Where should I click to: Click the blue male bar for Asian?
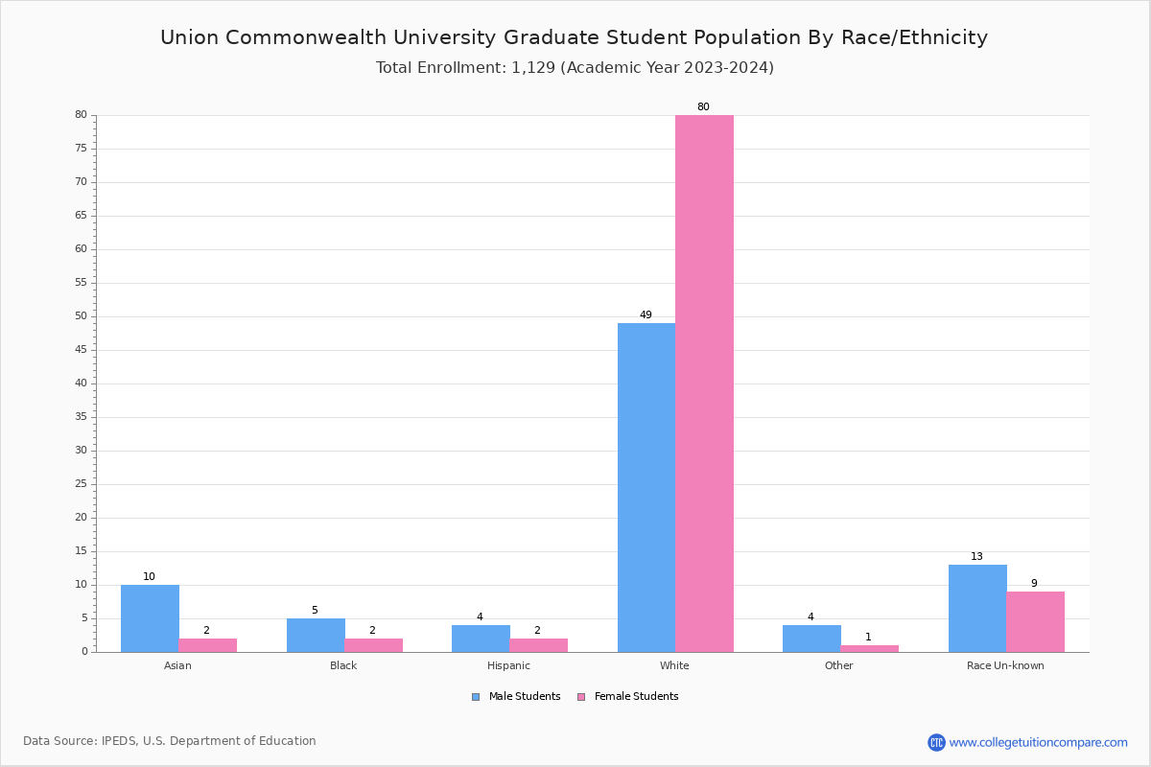[150, 618]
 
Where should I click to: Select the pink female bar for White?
[704, 383]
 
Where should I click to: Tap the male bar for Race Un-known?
[977, 609]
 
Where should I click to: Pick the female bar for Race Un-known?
[1035, 622]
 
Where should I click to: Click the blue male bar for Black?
[316, 636]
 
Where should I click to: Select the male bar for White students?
[646, 487]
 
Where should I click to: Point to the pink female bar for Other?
[869, 649]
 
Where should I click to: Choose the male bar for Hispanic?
[481, 639]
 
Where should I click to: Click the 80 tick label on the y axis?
[81, 115]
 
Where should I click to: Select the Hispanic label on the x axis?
[508, 665]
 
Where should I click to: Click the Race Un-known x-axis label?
[1005, 665]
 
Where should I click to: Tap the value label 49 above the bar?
[646, 315]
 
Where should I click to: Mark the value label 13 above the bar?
[976, 557]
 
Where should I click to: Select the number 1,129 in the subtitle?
[527, 68]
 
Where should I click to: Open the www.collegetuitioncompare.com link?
[1038, 742]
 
